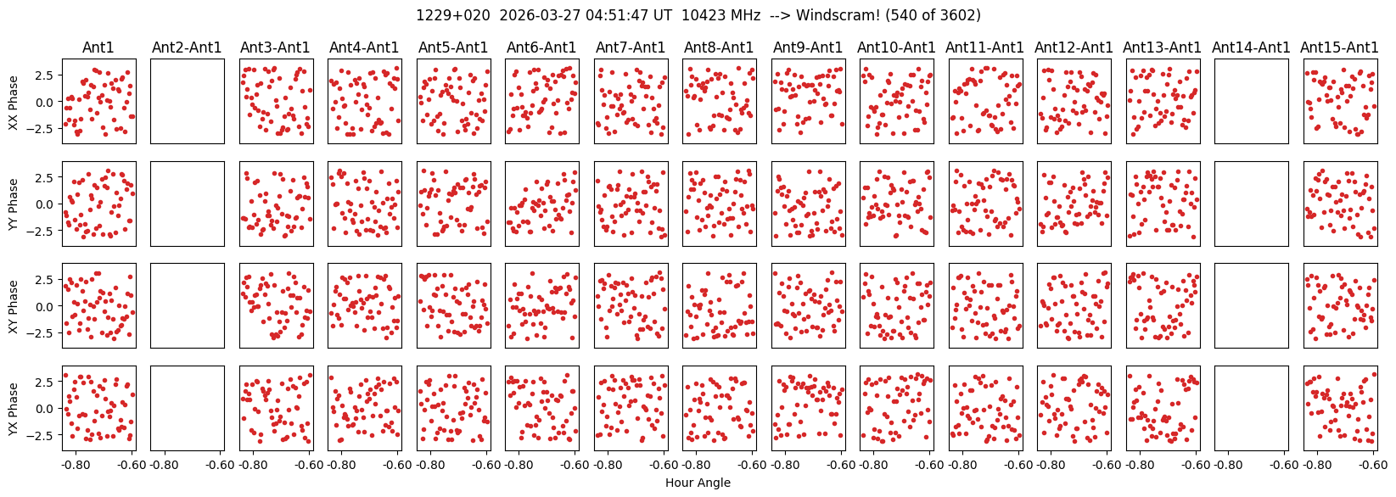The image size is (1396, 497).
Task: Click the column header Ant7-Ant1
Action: point(631,47)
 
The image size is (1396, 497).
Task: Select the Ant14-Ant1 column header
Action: point(1252,47)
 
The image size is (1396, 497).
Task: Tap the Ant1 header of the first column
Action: point(98,47)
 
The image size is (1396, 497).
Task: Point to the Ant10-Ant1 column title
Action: point(896,47)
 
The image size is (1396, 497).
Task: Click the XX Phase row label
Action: point(13,102)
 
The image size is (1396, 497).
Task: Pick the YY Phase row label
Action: point(13,204)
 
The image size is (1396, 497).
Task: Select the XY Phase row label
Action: point(13,306)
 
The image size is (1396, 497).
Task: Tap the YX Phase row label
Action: point(13,409)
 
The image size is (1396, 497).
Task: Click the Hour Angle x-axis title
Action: point(698,483)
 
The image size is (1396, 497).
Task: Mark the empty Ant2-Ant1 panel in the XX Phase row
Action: point(188,102)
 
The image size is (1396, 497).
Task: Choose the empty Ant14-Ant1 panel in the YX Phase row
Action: point(1252,408)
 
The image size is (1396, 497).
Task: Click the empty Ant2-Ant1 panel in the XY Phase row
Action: point(188,306)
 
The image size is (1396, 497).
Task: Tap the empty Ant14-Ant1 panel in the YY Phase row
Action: point(1252,204)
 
